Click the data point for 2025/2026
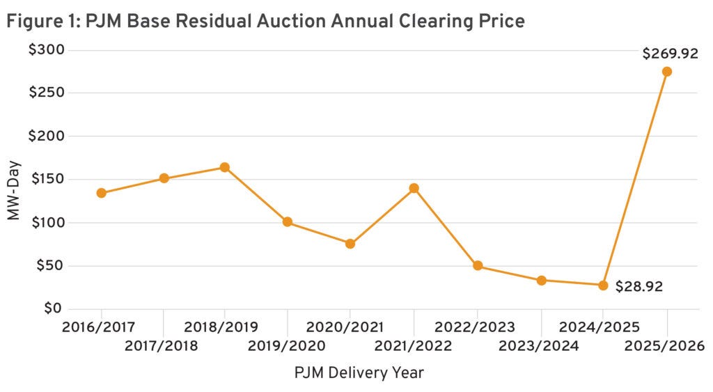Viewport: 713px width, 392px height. coord(666,72)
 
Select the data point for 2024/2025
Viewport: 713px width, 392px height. coord(603,285)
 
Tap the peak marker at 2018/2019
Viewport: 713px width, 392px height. coord(224,167)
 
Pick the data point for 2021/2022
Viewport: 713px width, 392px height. coord(414,188)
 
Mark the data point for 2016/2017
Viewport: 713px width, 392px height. coord(102,193)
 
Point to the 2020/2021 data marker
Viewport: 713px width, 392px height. coord(350,244)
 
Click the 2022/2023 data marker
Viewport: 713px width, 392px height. coord(478,265)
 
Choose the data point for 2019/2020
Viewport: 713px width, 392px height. coord(288,222)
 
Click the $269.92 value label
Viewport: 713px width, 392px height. coord(671,53)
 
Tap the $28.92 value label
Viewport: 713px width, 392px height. coord(638,286)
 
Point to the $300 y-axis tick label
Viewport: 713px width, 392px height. coord(45,50)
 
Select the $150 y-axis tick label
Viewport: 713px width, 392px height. coord(45,179)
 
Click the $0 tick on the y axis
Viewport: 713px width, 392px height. coord(54,308)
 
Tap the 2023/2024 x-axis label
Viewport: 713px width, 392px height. coord(541,346)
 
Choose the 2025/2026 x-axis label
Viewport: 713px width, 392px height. coord(666,346)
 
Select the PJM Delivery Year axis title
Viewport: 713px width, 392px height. coord(359,373)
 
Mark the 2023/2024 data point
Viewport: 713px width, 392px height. coord(541,280)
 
